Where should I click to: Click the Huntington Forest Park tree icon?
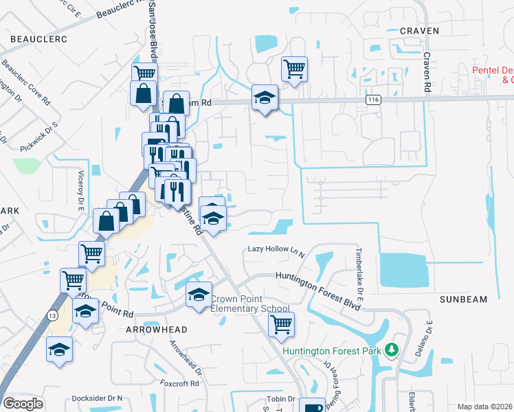tap(392, 350)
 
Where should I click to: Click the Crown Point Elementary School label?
tap(249, 304)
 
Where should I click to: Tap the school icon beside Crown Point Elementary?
tap(199, 295)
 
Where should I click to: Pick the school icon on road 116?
tap(264, 98)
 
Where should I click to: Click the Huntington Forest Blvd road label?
tap(318, 277)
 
